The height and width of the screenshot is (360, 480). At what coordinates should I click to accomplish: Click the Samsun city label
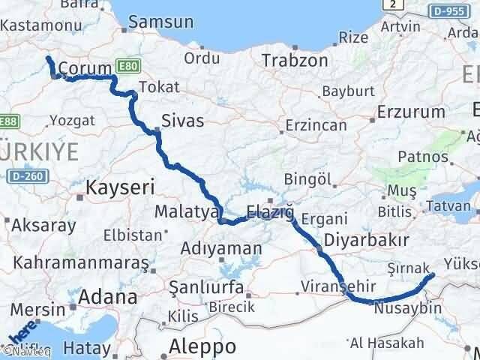pos(160,22)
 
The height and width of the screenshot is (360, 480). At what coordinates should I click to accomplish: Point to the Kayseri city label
pos(115,186)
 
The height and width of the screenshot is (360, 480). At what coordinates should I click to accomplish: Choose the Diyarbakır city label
pos(366,241)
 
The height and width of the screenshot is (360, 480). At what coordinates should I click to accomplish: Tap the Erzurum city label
pos(412,112)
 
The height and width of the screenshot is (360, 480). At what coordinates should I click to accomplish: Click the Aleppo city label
pos(202,346)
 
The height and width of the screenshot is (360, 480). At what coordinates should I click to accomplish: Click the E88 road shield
pos(8,120)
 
